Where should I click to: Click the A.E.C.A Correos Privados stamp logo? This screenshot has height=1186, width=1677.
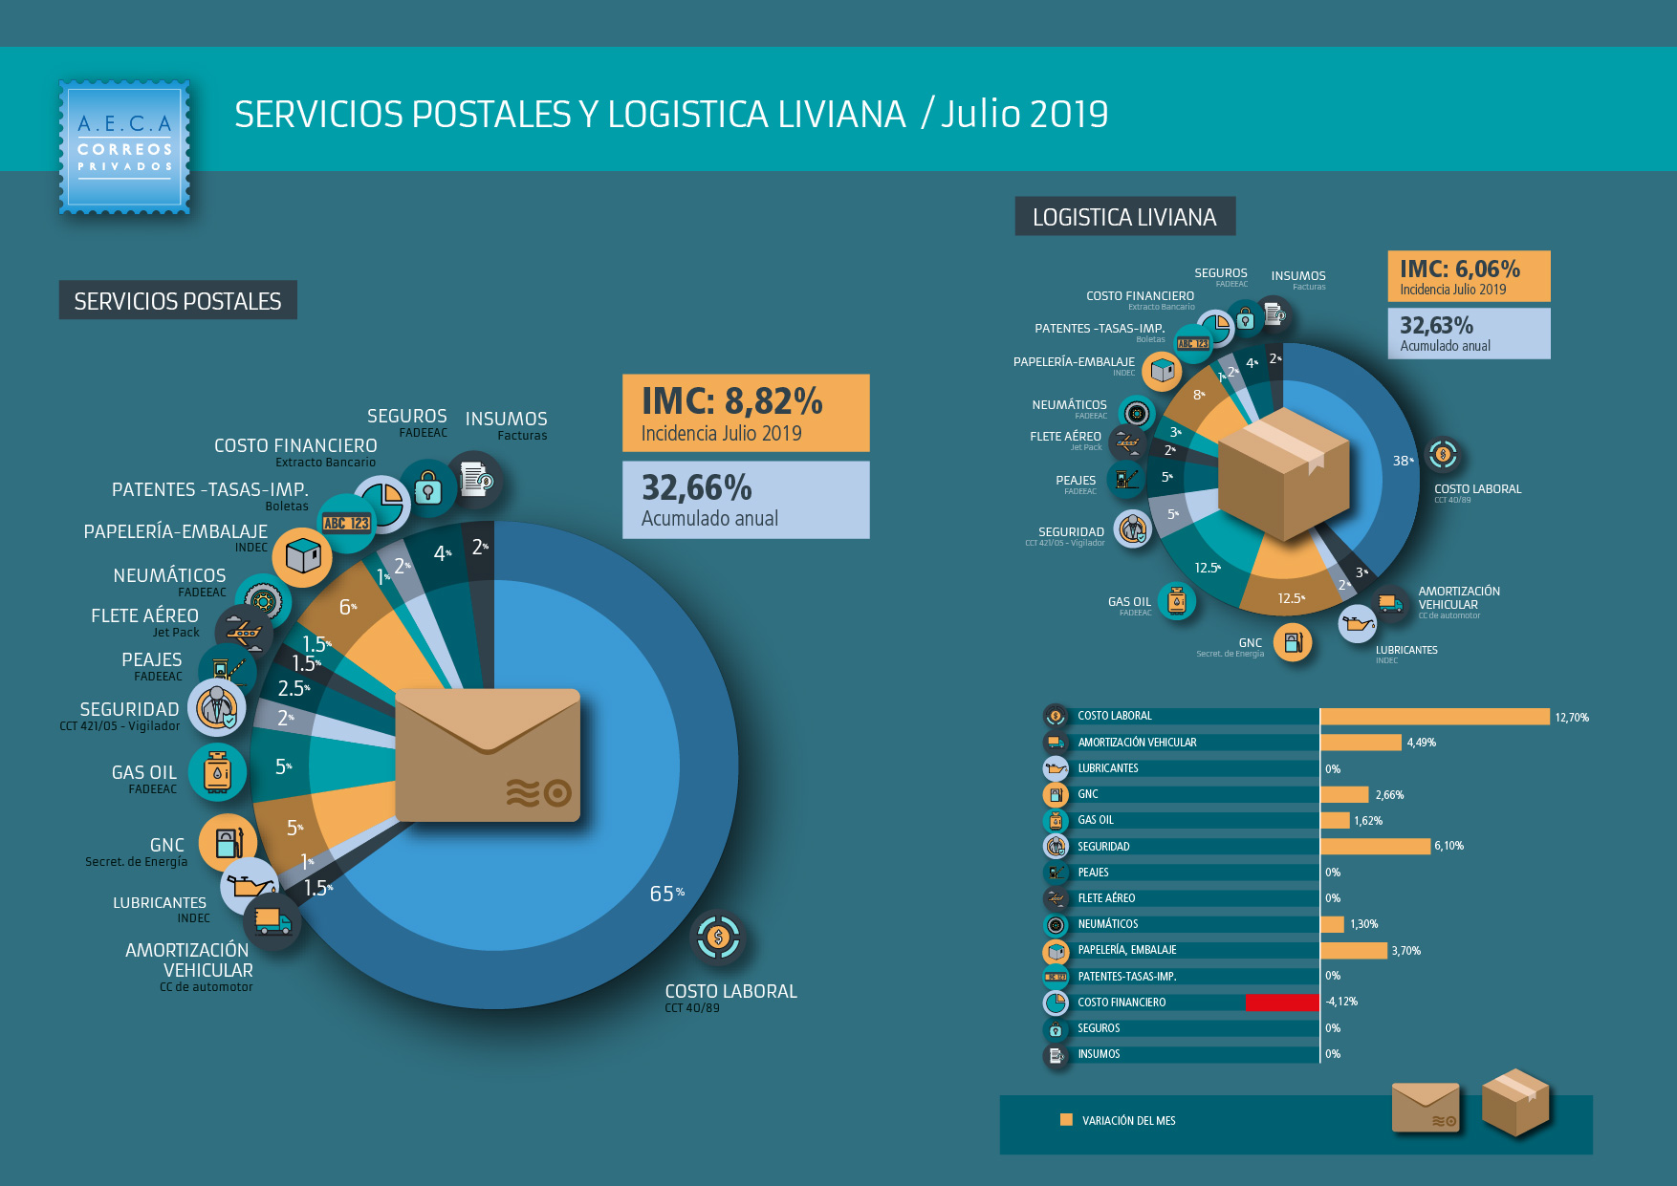tap(124, 147)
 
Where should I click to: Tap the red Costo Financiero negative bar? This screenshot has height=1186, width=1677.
tap(1283, 1002)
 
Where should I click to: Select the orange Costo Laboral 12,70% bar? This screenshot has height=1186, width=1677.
tap(1434, 717)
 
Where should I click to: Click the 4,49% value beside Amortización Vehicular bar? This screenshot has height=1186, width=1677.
tap(1421, 743)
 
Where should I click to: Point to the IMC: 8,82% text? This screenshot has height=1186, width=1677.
tap(731, 401)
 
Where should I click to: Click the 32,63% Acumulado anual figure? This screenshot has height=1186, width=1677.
tap(1436, 326)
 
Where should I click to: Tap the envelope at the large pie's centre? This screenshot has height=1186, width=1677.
tap(488, 755)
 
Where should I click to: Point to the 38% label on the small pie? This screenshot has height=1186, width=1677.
tap(1403, 461)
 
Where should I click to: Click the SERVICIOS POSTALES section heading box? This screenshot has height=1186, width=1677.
tap(178, 301)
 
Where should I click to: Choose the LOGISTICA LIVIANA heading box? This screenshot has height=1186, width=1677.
tap(1124, 217)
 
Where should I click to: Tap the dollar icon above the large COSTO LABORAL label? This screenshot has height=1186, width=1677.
tap(718, 938)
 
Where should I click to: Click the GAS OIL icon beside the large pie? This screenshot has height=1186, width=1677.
tap(218, 772)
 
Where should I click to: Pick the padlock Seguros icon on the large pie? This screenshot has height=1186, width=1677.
tap(428, 489)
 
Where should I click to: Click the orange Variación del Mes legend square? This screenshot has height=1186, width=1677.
tap(1066, 1120)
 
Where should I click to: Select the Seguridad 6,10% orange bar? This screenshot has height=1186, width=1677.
tap(1375, 846)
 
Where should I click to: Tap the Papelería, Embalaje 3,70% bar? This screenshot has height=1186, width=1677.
tap(1353, 950)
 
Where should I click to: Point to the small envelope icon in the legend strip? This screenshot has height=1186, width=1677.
tap(1425, 1108)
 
